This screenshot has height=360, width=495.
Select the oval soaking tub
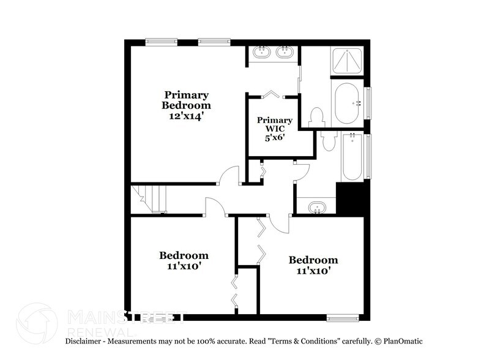coord(348,103)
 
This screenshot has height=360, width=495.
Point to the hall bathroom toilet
coord(328,140)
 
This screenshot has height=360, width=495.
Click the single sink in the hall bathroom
coord(316,207)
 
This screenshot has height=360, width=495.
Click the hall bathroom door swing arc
coord(301,173)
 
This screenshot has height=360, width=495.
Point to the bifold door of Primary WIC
coord(273,95)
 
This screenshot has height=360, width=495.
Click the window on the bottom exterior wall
coord(343,317)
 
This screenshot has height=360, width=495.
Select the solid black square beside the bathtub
coord(351,198)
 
